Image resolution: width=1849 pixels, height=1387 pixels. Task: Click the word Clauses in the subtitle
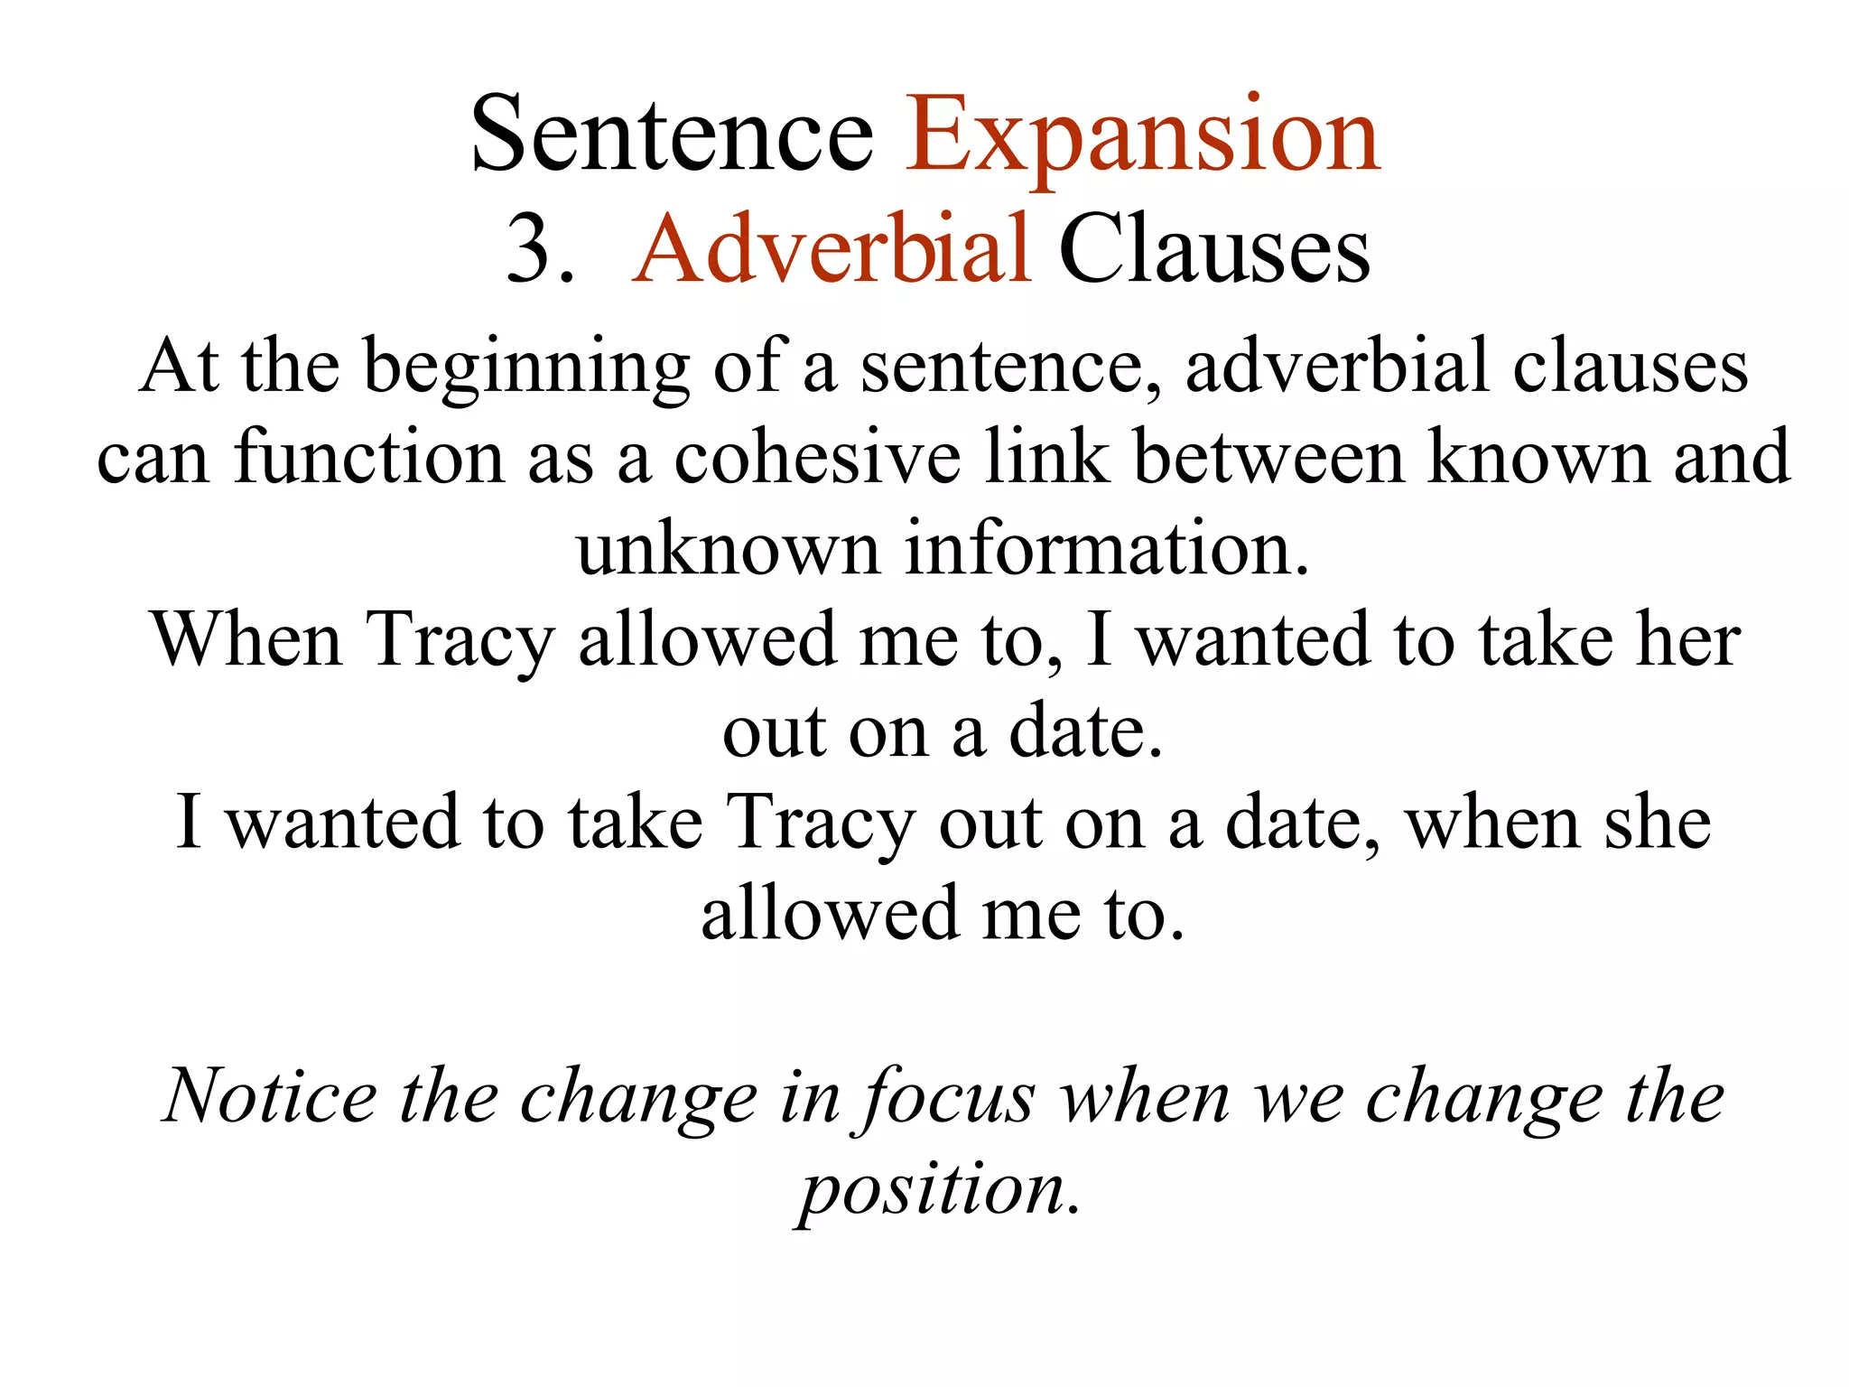pyautogui.click(x=1214, y=250)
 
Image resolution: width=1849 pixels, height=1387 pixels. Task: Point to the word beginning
pyautogui.click(x=526, y=368)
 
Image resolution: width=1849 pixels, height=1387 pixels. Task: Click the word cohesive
pyautogui.click(x=818, y=458)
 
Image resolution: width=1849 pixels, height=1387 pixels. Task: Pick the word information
pyautogui.click(x=1107, y=549)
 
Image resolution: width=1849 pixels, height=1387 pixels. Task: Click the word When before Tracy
pyautogui.click(x=246, y=640)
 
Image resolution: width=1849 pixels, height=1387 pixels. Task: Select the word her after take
pyautogui.click(x=1689, y=640)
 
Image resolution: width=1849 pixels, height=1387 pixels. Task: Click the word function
pyautogui.click(x=368, y=458)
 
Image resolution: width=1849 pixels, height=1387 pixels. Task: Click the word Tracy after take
pyautogui.click(x=821, y=824)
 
